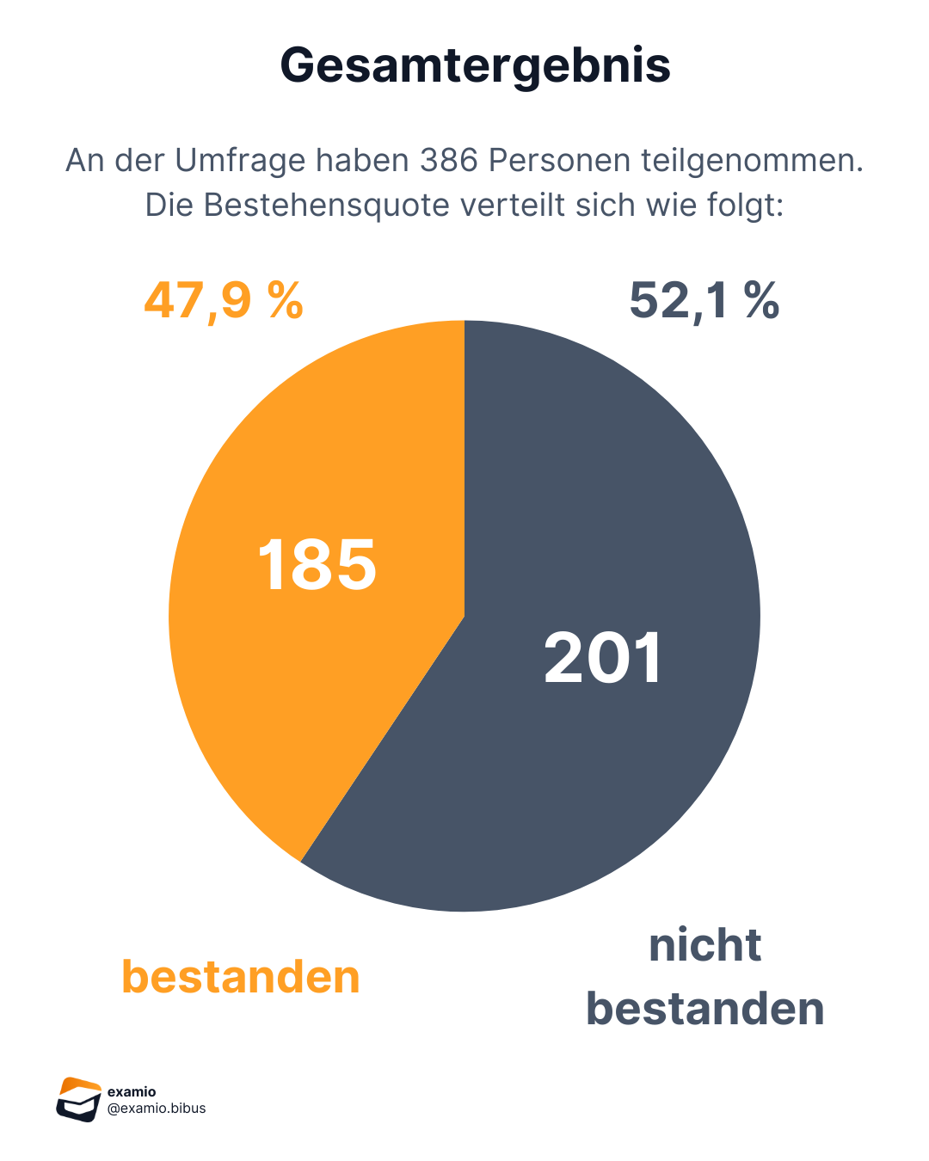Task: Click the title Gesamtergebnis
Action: tap(475, 65)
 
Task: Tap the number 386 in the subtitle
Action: tap(450, 160)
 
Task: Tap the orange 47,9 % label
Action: tap(224, 301)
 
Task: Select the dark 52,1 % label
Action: tap(704, 301)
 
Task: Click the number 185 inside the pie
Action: tap(317, 565)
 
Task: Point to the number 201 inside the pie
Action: tap(603, 659)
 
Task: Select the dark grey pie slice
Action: tap(602, 774)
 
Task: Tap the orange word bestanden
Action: tap(241, 977)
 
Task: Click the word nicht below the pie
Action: tap(704, 945)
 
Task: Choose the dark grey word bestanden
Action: tap(704, 1009)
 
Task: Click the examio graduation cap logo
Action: tap(78, 1099)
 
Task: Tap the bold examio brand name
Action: tap(132, 1092)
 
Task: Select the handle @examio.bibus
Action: tap(157, 1109)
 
